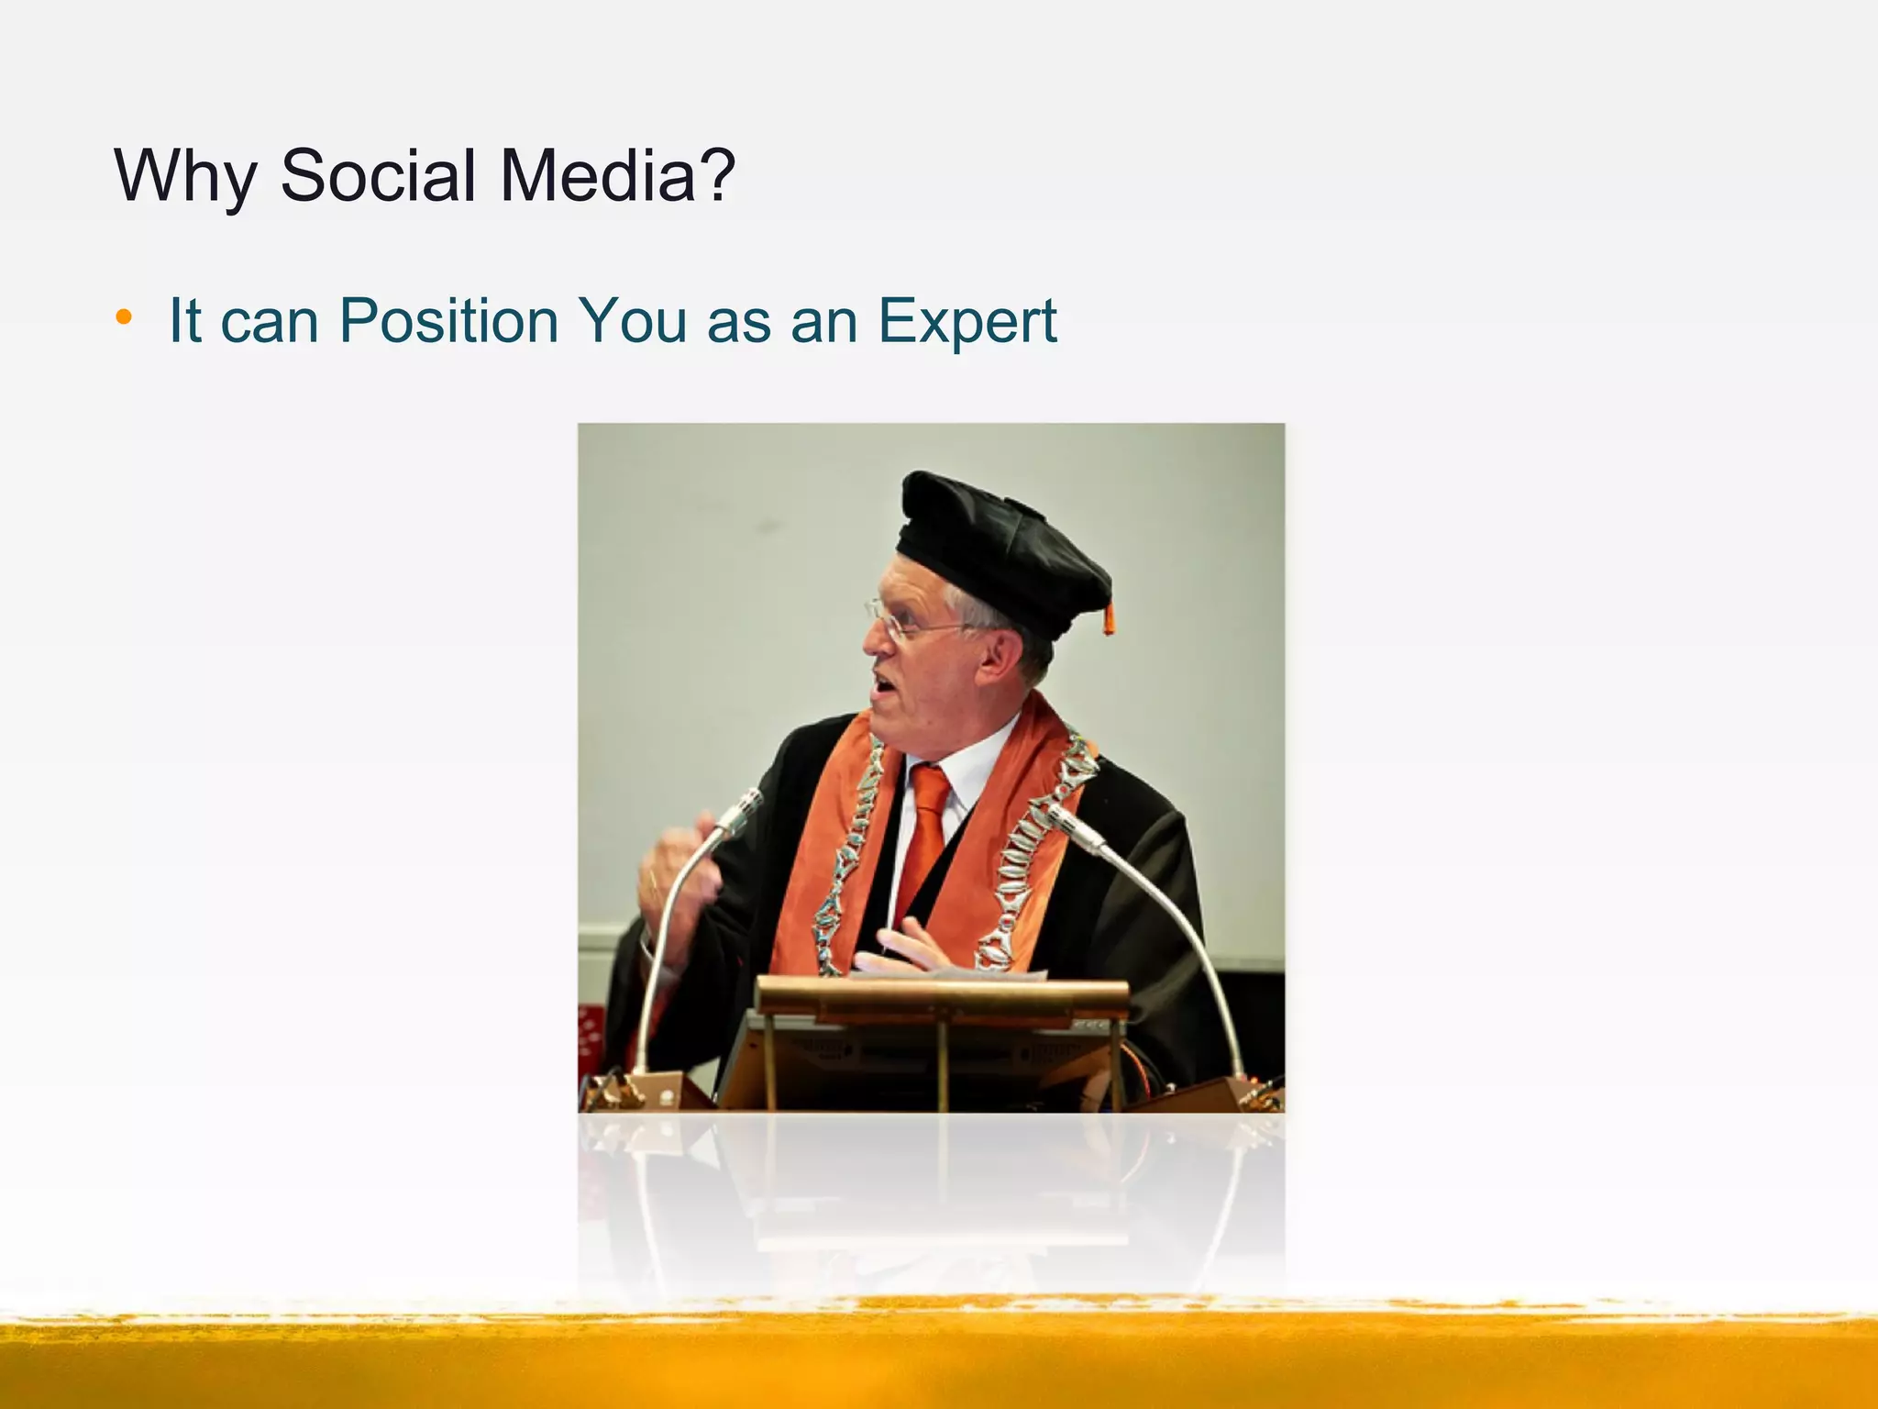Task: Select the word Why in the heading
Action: [185, 176]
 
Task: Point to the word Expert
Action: [967, 321]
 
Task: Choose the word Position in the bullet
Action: [448, 321]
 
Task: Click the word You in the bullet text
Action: [633, 321]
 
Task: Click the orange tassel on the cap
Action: [1109, 619]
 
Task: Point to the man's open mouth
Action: [882, 683]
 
